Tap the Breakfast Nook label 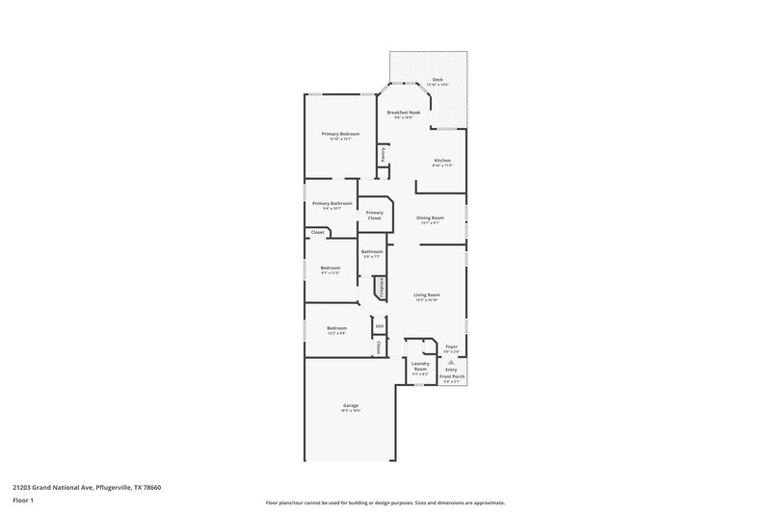(x=404, y=113)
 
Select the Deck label (x=424, y=79)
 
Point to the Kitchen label (x=442, y=160)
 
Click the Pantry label (x=384, y=152)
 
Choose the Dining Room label (x=430, y=218)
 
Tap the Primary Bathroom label (x=331, y=203)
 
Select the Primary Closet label (x=375, y=215)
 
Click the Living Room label (x=427, y=295)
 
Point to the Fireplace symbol (x=381, y=286)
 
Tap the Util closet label (x=380, y=327)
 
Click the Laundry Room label (x=420, y=366)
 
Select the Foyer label (x=451, y=346)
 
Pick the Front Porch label (x=453, y=376)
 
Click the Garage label (x=351, y=405)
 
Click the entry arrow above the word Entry (x=451, y=361)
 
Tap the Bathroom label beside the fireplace (x=372, y=251)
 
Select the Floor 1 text (x=23, y=501)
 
